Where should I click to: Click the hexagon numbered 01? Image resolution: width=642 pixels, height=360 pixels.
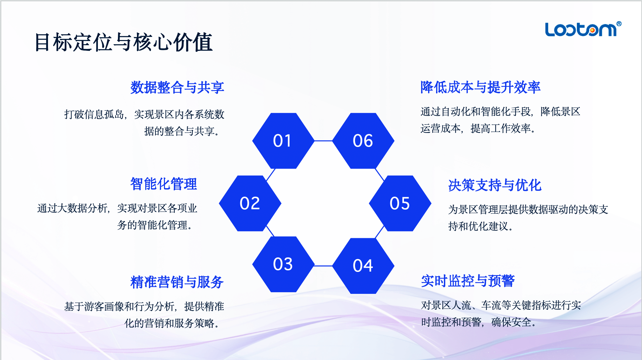[283, 141]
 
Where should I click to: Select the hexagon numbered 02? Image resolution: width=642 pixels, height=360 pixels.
[250, 203]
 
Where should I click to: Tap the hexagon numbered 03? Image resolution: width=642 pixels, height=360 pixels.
[283, 264]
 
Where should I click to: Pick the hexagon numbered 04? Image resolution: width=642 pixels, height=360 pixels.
[363, 266]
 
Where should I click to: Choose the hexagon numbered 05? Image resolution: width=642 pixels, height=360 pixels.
[400, 203]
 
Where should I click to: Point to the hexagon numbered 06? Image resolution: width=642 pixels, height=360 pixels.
[363, 141]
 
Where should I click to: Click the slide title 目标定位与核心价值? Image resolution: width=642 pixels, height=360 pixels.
[123, 42]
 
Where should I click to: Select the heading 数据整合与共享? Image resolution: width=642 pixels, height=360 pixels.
[177, 87]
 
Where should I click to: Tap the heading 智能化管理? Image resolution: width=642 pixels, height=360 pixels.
[164, 184]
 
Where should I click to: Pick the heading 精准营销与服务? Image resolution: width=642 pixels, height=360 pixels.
[177, 282]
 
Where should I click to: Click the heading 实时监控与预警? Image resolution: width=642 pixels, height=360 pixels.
[468, 281]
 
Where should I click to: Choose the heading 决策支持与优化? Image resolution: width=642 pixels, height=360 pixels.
[495, 185]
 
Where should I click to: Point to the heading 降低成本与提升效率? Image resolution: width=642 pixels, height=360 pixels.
[481, 87]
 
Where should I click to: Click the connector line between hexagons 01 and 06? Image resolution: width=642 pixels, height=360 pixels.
[323, 141]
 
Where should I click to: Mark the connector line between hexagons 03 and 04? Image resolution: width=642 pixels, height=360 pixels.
[323, 266]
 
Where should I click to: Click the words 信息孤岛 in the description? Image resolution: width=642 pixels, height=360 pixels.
[104, 114]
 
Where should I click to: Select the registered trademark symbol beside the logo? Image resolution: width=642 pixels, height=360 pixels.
[619, 24]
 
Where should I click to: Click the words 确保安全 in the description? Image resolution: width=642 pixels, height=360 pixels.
[511, 322]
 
